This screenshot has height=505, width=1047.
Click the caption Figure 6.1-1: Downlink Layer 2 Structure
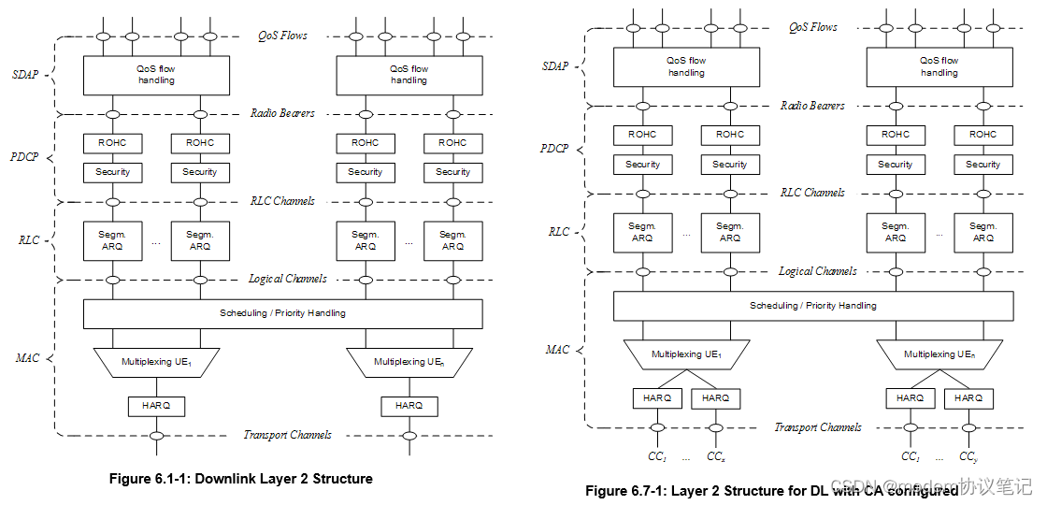(241, 479)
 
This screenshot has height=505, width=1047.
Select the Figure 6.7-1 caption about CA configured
(771, 490)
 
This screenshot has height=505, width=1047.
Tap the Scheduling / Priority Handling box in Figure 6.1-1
(282, 313)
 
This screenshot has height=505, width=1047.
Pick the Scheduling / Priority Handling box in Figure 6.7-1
(813, 306)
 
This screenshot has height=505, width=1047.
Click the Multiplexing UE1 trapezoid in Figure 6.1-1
(156, 362)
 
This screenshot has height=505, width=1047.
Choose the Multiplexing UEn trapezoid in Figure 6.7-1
(939, 354)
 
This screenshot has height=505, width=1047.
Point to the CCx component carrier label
(715, 456)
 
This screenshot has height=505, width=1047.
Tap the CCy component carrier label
(968, 456)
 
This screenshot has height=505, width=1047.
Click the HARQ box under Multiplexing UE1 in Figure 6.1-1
(156, 406)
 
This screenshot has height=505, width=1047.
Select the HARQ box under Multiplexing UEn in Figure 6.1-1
(409, 406)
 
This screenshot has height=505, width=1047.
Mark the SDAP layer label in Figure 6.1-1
(26, 75)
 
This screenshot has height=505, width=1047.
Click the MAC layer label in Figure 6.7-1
(557, 350)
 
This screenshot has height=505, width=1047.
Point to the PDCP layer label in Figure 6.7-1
(554, 149)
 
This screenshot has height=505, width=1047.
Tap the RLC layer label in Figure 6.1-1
(29, 240)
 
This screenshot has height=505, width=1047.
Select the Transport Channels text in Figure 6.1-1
(287, 435)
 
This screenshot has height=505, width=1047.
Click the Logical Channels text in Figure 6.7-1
(818, 271)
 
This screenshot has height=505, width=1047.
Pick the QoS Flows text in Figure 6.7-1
(812, 28)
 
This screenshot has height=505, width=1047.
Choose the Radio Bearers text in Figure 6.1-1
(282, 113)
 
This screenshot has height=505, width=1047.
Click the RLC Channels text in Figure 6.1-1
(282, 201)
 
